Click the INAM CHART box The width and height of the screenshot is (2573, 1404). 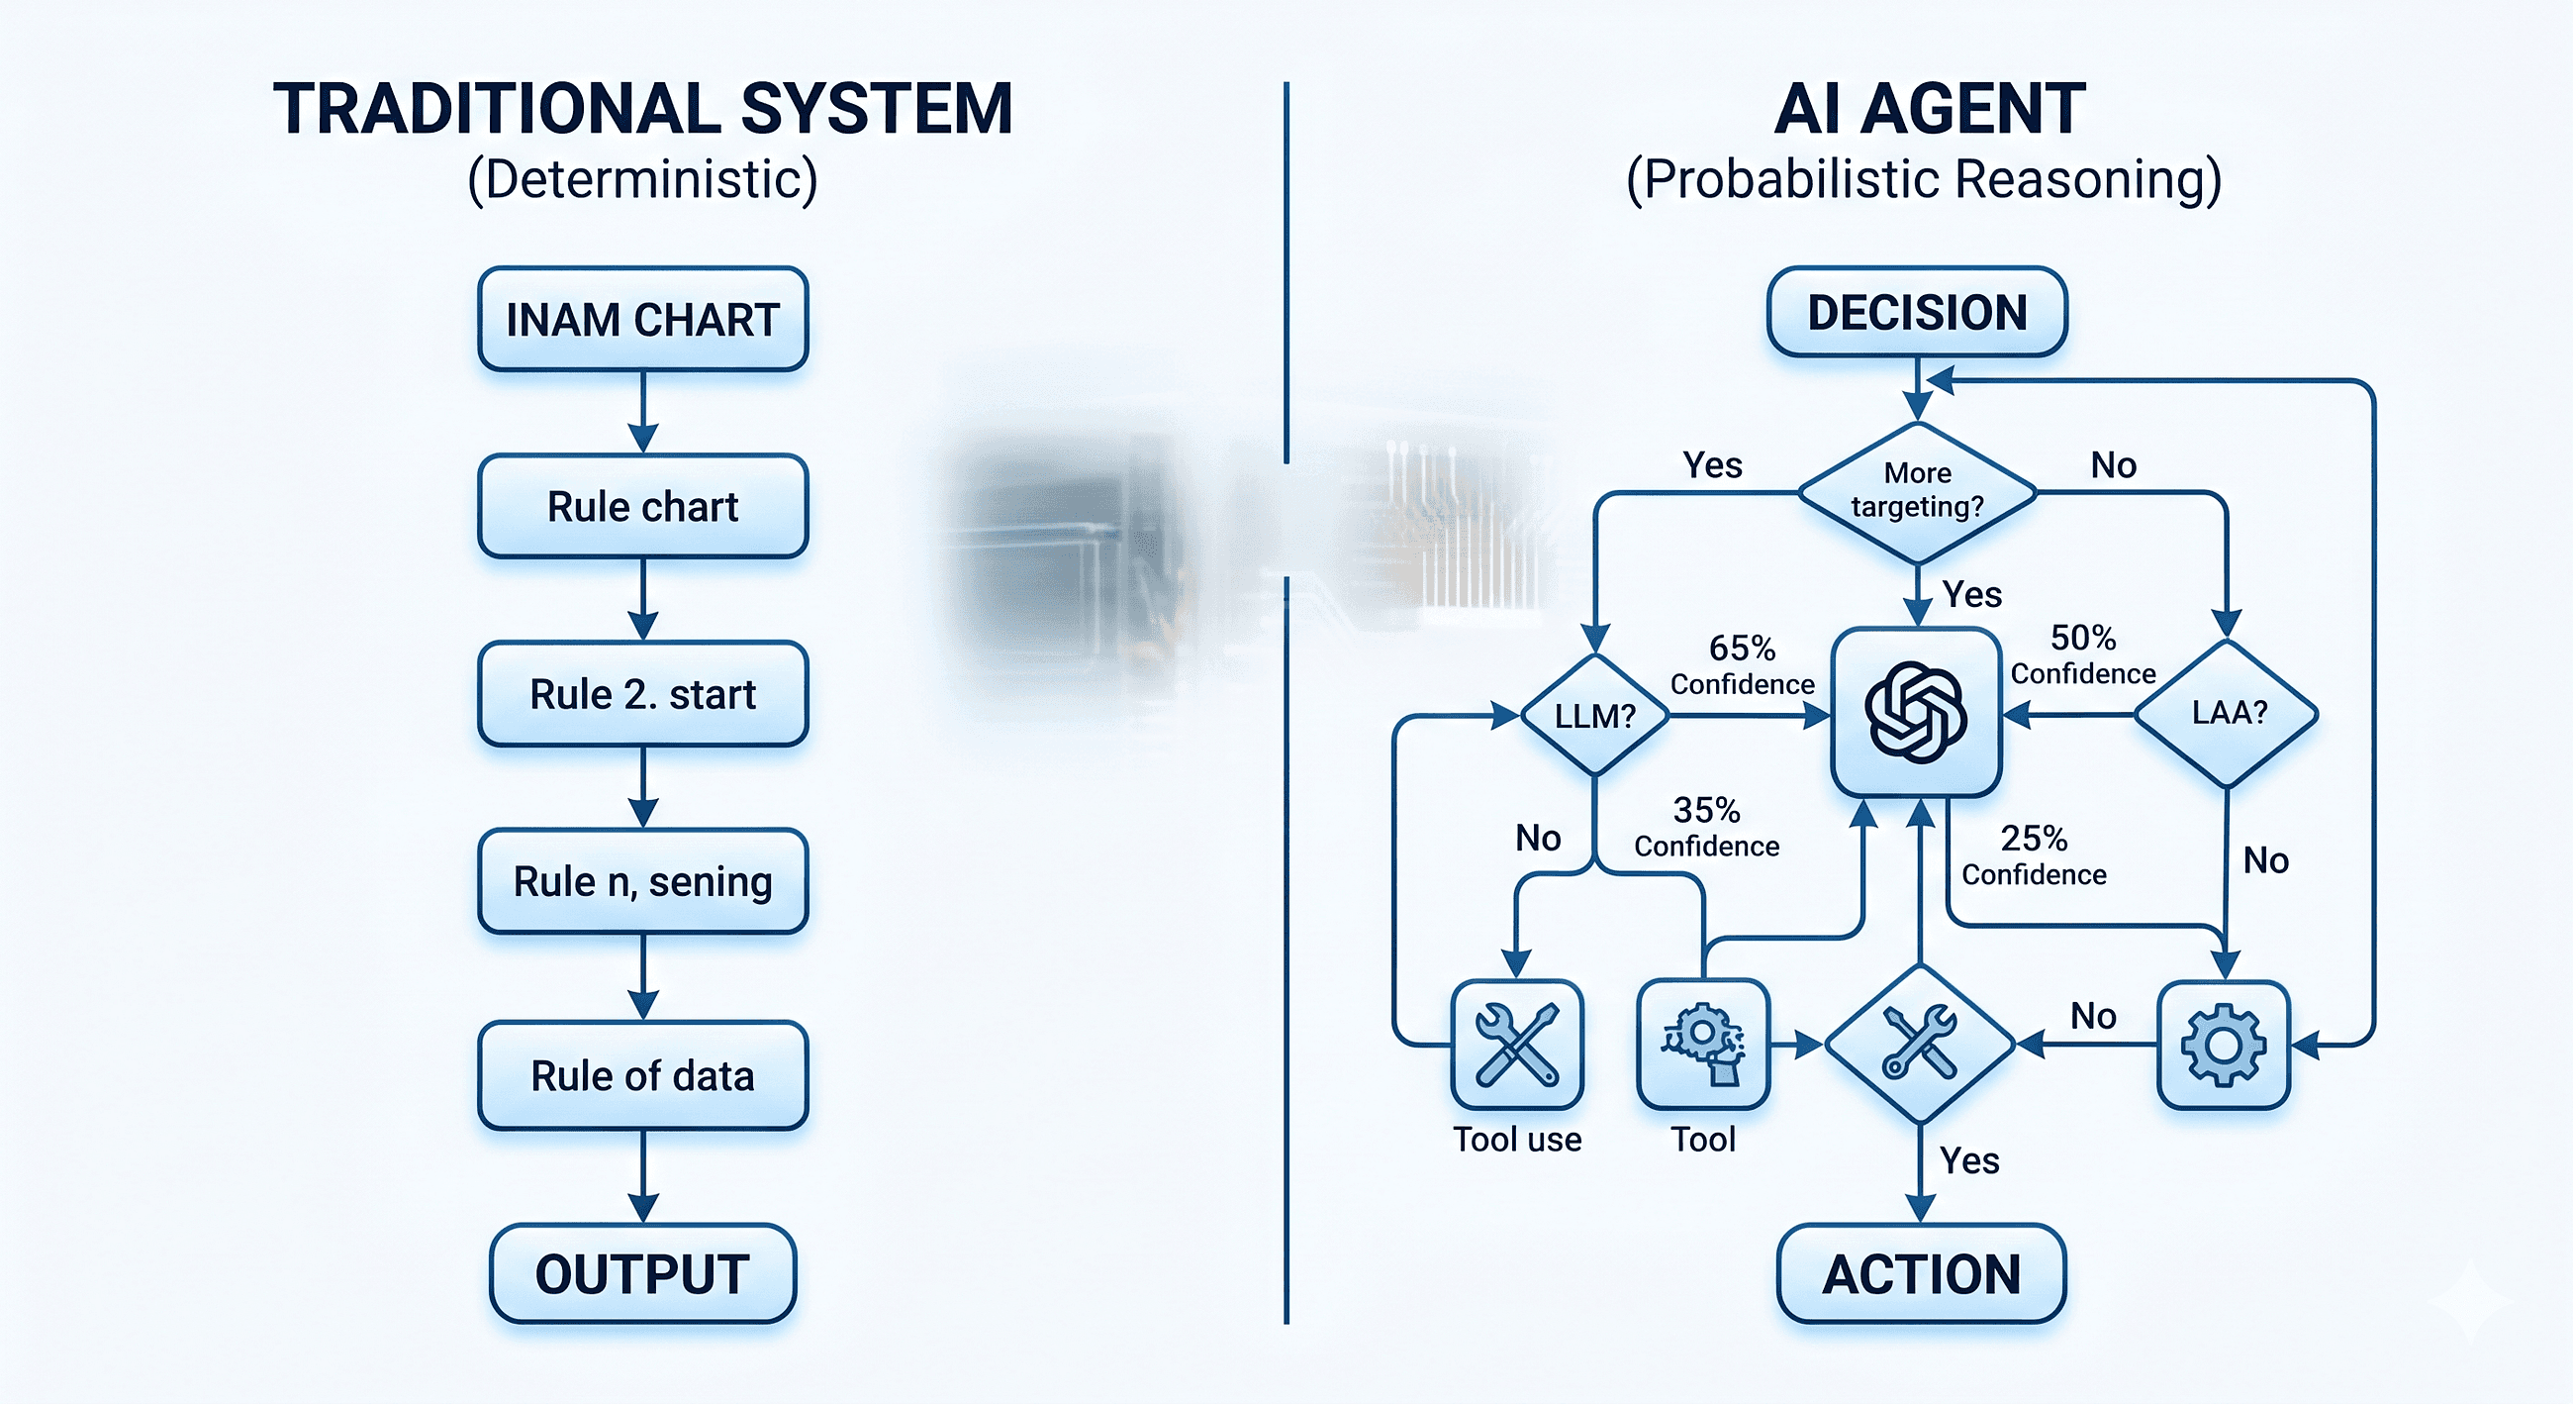tap(642, 320)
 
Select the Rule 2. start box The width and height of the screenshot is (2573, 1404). tap(642, 694)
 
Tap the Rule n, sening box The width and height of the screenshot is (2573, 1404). tap(642, 881)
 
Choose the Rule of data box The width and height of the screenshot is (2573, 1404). tap(642, 1076)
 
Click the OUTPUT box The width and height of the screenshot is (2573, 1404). tap(642, 1274)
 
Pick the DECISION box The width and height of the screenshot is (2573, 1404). tap(1917, 313)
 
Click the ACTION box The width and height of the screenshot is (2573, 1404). tap(1921, 1274)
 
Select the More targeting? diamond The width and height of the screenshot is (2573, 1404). tap(1917, 491)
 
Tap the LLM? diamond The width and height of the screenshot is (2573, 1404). tap(1595, 716)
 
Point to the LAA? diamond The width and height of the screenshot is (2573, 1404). tap(2228, 714)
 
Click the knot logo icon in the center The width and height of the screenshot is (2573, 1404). tap(1916, 713)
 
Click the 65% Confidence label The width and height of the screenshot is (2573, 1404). tap(1742, 664)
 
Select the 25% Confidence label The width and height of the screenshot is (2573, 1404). tap(2034, 855)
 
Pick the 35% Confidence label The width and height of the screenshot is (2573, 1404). tap(1706, 827)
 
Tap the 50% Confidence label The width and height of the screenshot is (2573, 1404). tap(2082, 654)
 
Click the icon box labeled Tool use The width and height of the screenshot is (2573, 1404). tap(1516, 1045)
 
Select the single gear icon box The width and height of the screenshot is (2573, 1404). tap(2223, 1046)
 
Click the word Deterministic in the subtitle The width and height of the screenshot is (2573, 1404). tap(642, 180)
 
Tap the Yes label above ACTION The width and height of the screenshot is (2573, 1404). tap(1968, 1161)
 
